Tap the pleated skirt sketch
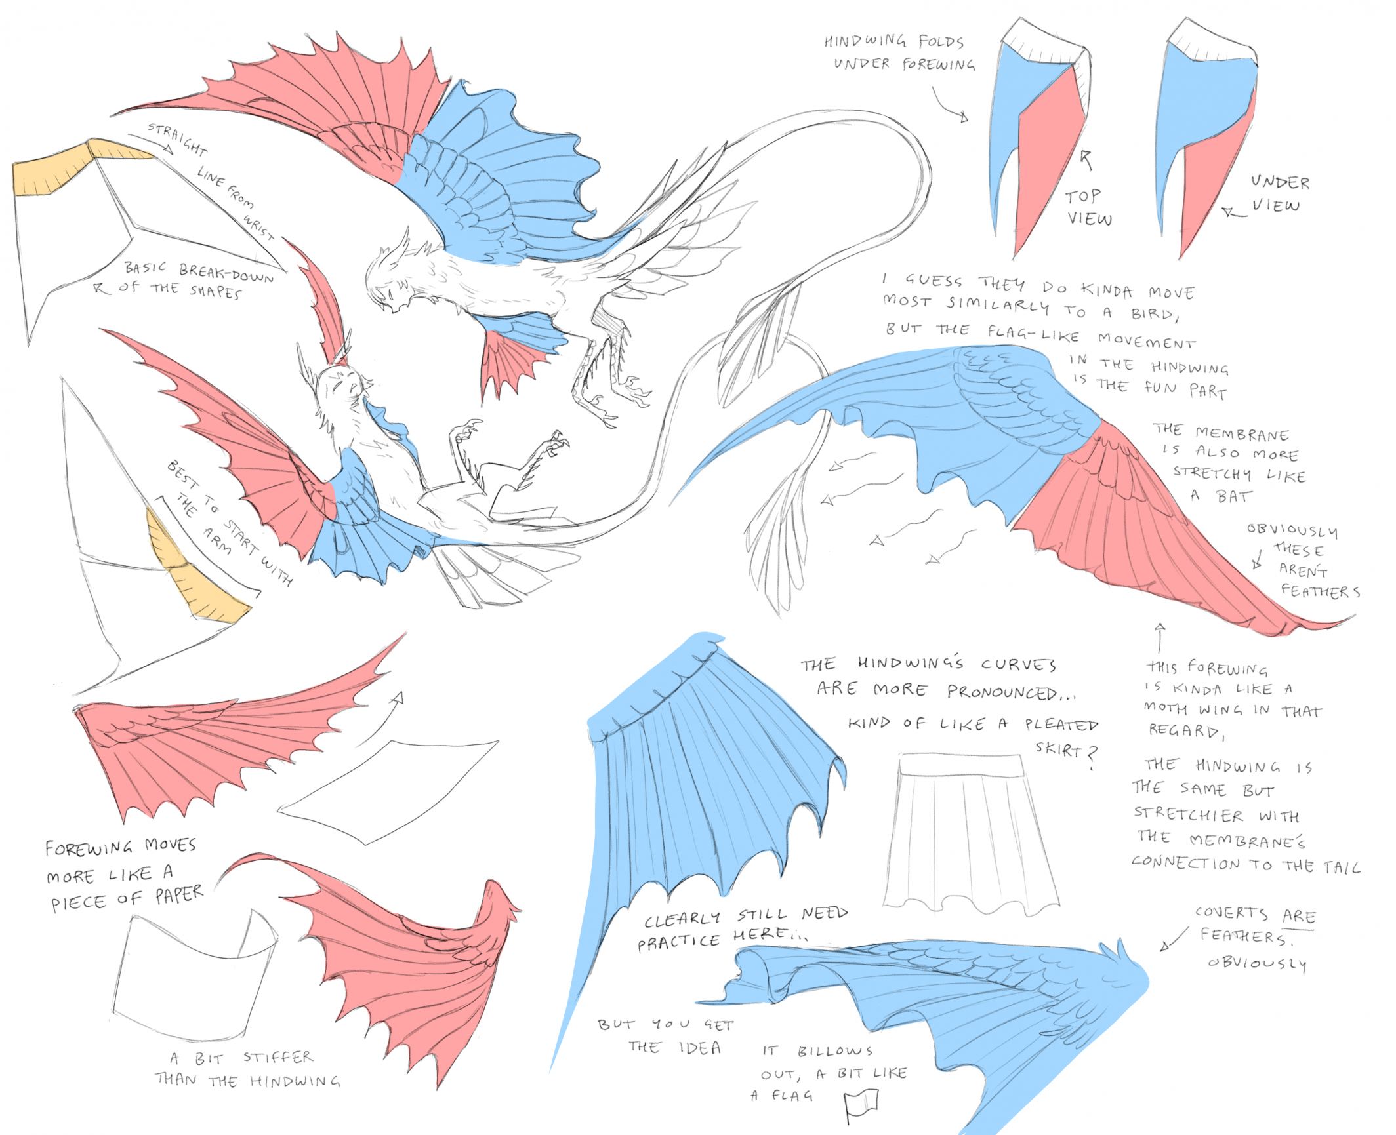(971, 833)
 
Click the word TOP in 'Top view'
(1082, 196)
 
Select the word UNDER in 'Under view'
(1280, 182)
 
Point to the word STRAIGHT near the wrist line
(177, 138)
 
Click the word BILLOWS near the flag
(835, 1051)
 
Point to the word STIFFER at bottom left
(278, 1057)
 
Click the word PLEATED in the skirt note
(1061, 725)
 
